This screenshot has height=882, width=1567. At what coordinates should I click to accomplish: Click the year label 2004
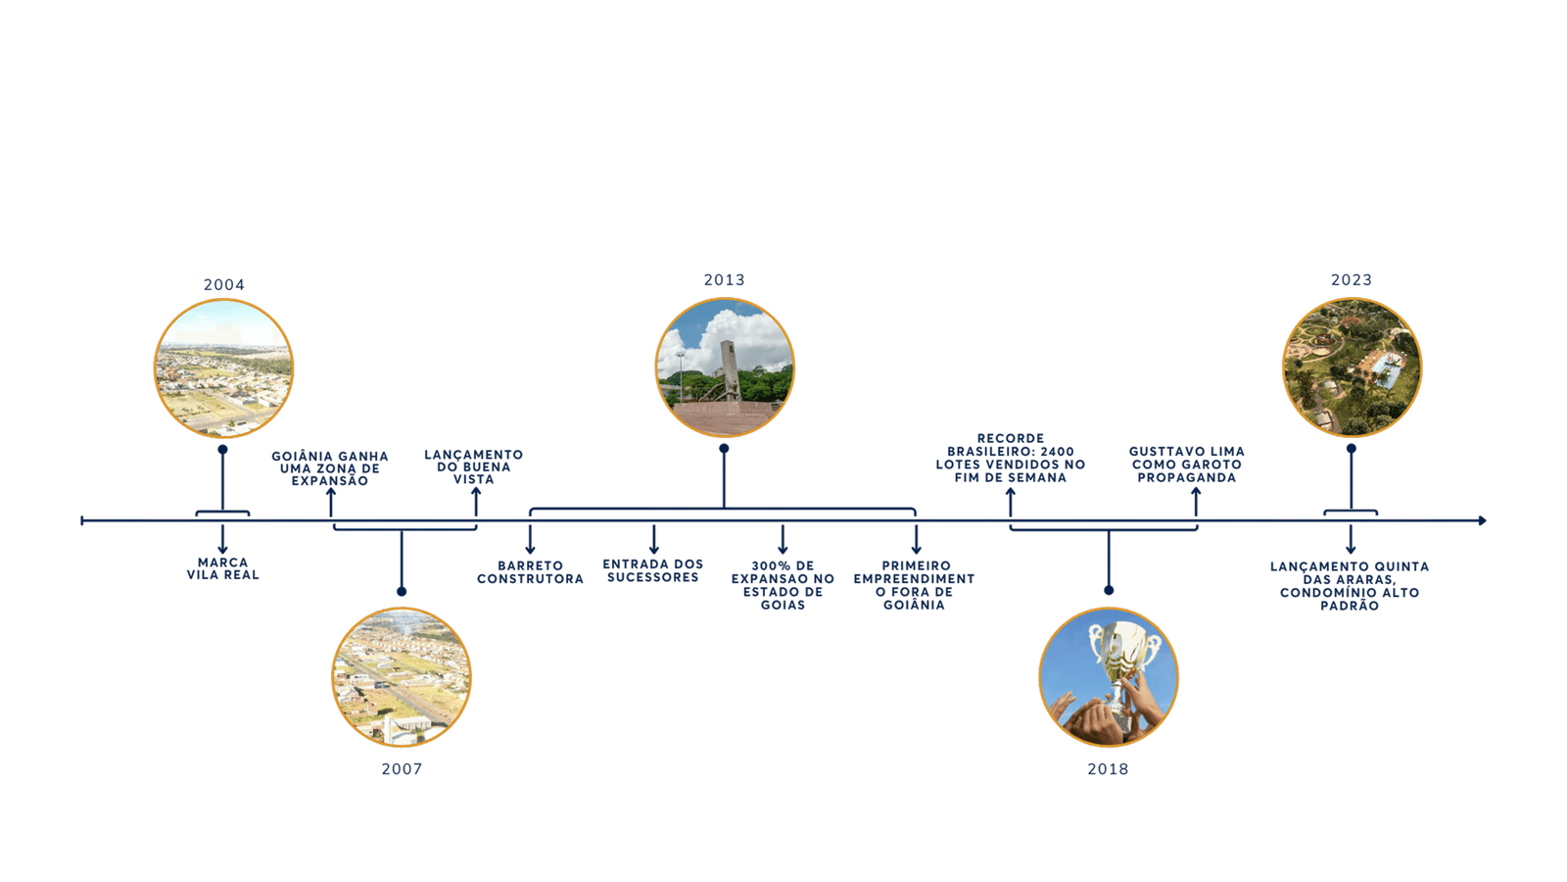pos(223,285)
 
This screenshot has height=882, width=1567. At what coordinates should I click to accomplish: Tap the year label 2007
pos(402,769)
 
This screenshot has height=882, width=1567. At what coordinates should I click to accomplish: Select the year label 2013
pos(724,281)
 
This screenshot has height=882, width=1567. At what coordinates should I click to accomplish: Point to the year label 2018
pos(1107,769)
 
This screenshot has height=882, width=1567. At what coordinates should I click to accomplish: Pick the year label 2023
pos(1351,280)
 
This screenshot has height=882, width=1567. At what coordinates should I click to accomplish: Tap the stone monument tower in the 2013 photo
pos(727,364)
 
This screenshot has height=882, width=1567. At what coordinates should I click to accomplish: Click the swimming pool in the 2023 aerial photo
pos(1384,367)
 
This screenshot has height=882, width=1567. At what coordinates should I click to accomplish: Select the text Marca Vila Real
pos(222,569)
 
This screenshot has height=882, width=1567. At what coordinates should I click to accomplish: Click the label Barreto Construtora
pos(530,572)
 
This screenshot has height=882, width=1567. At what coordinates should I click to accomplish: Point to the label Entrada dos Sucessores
pos(652,570)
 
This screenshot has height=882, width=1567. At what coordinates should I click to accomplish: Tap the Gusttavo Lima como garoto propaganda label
pos(1186,465)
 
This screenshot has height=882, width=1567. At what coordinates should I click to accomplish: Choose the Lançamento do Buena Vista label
pos(474,466)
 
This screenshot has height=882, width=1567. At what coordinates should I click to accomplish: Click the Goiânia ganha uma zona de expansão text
pos(330,468)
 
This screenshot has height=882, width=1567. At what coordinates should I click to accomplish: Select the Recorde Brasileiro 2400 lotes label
pos(1010,458)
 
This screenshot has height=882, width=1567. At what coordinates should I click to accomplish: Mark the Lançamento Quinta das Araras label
pos(1350,586)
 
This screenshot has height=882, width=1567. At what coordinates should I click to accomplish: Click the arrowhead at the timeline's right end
pos(1482,521)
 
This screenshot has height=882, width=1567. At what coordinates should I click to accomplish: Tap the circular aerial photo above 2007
pos(402,677)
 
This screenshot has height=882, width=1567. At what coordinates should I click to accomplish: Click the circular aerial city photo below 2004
pos(223,368)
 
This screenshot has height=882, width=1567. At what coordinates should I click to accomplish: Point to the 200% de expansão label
pos(783,585)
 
